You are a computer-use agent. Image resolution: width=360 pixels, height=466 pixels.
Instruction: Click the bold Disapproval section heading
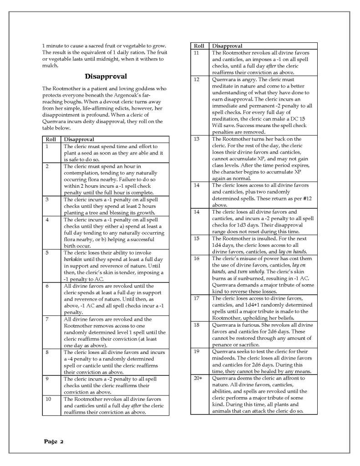point(106,76)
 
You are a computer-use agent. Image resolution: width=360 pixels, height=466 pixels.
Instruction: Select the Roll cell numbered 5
point(47,253)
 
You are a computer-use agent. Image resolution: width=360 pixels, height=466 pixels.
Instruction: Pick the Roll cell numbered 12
point(197,80)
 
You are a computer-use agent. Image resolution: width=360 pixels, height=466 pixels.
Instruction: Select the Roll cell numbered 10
point(49,399)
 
